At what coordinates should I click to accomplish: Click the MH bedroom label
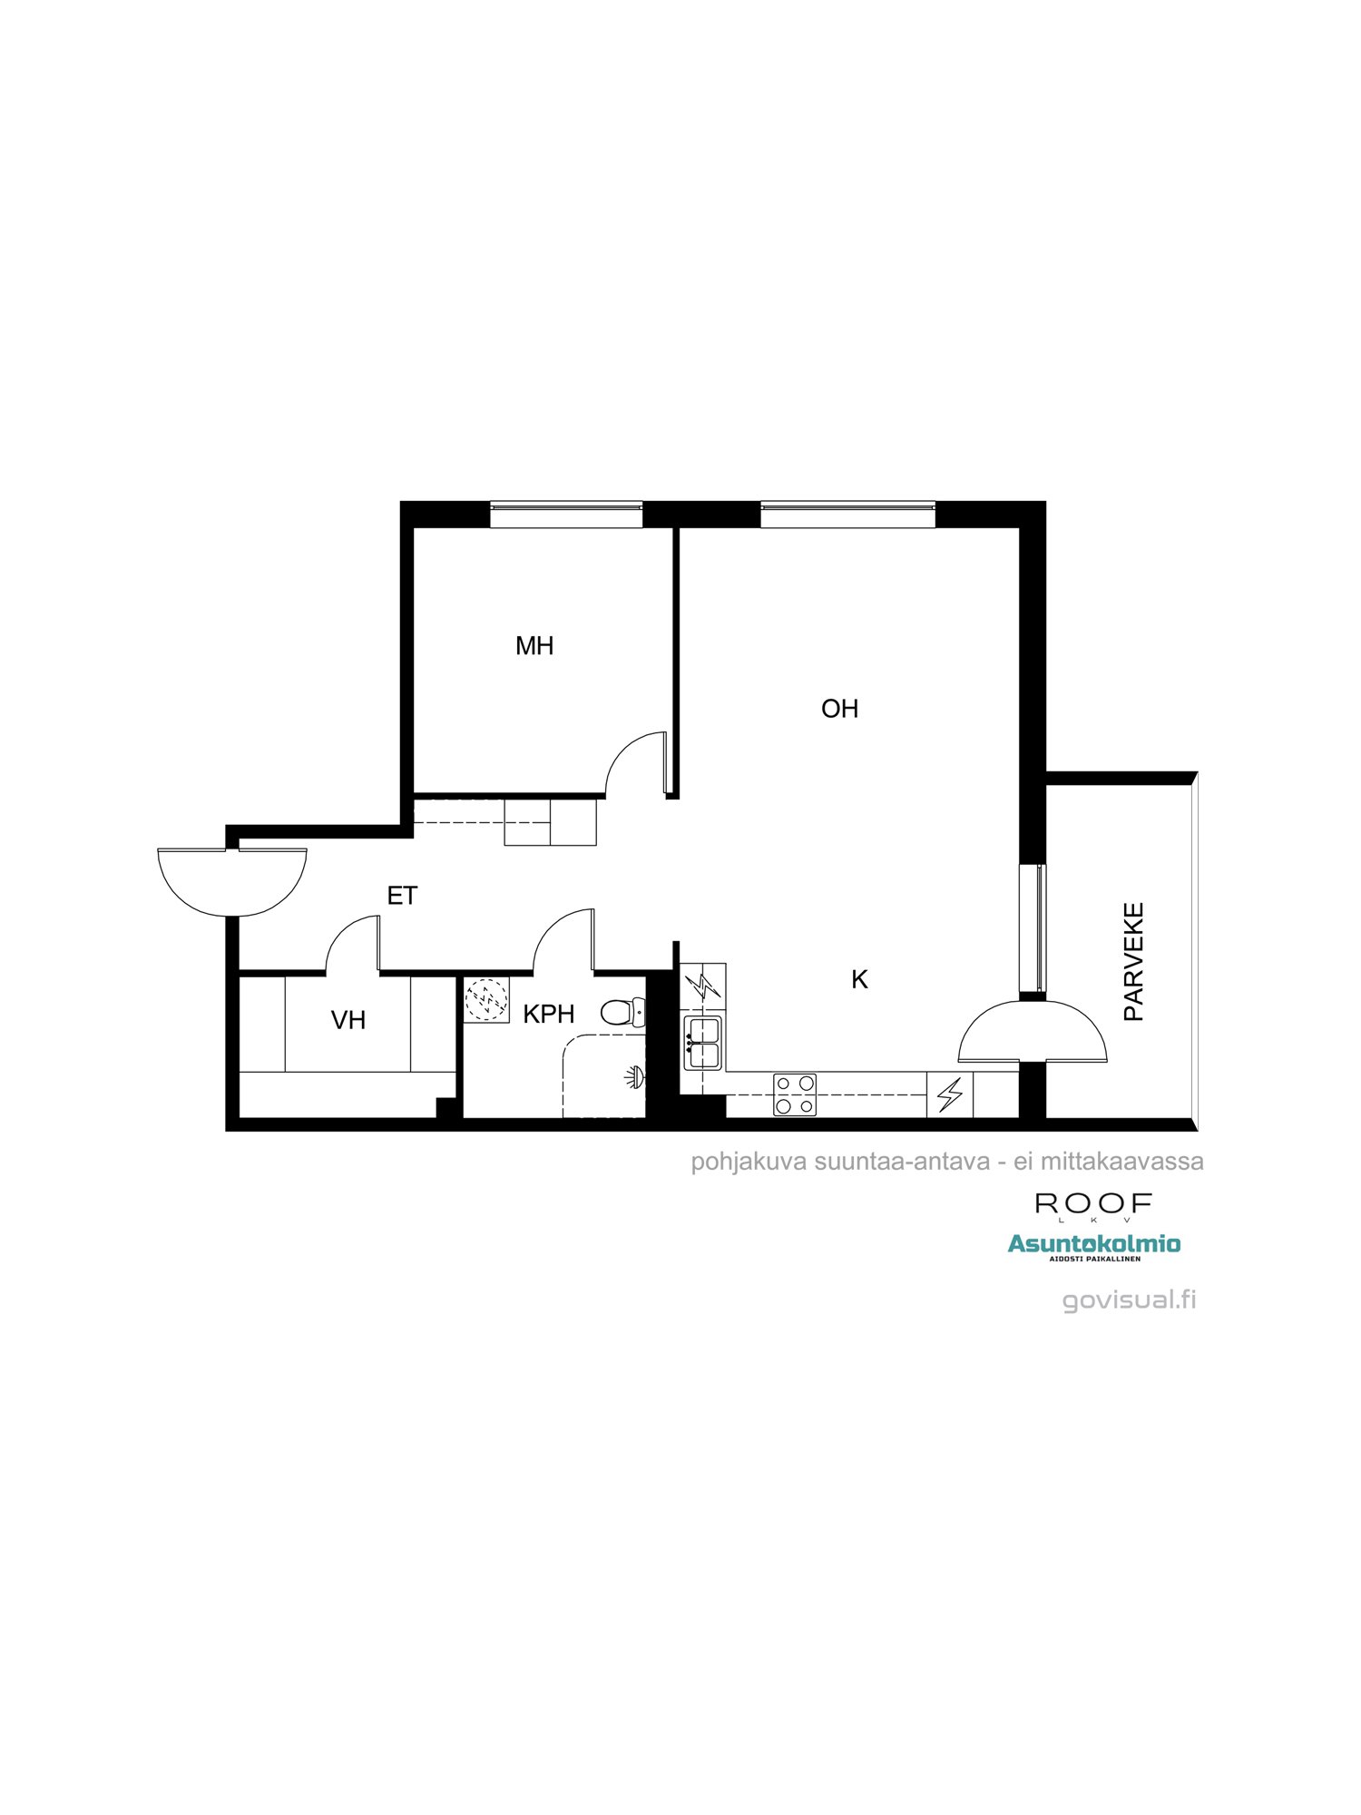(x=534, y=646)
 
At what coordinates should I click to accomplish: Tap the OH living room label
(x=839, y=709)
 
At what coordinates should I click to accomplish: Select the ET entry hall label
(x=402, y=896)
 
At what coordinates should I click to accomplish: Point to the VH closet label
(x=348, y=1020)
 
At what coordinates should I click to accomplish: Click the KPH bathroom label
(x=548, y=1014)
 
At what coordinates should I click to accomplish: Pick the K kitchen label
(x=859, y=979)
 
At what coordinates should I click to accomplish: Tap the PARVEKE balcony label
(x=1133, y=962)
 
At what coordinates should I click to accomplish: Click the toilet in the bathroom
(x=622, y=1012)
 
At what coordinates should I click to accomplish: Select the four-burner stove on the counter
(x=795, y=1094)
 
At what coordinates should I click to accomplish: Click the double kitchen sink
(x=703, y=1043)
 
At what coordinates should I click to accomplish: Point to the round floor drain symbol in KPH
(x=486, y=999)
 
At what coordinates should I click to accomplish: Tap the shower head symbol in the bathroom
(x=633, y=1077)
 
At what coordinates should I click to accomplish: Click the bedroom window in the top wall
(x=566, y=515)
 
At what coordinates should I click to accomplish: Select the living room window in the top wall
(x=847, y=515)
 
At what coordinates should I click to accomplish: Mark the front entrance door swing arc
(x=232, y=885)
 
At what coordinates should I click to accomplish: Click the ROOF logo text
(x=1093, y=1204)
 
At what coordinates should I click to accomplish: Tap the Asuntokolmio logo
(x=1094, y=1244)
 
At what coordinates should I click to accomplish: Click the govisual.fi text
(x=1129, y=1300)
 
